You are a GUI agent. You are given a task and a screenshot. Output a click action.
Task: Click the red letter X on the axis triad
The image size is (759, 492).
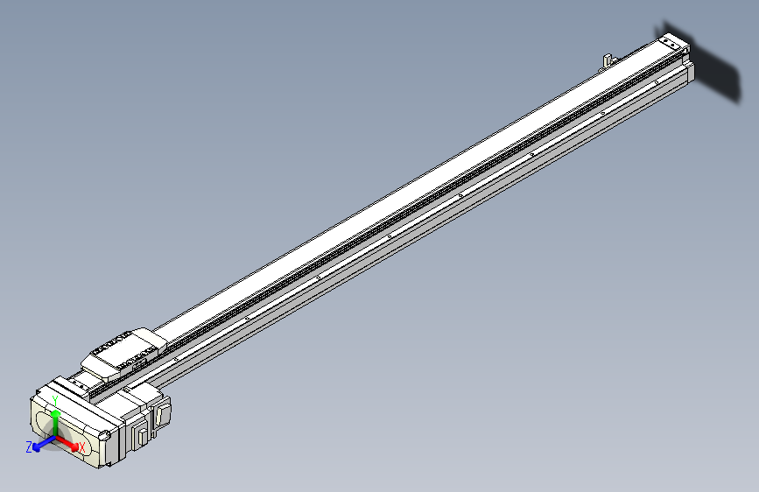(81, 448)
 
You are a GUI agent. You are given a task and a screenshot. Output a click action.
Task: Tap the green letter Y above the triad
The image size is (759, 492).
(55, 399)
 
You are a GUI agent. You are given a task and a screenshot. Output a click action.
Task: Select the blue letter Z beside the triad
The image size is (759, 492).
(29, 446)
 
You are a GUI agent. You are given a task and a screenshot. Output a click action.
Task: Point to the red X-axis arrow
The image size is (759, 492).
(67, 442)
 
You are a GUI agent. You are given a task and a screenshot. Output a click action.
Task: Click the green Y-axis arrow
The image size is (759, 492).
(55, 420)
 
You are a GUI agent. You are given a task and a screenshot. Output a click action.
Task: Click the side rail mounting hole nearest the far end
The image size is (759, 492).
(603, 115)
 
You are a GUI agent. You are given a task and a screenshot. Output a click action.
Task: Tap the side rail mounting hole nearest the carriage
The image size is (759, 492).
(177, 358)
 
